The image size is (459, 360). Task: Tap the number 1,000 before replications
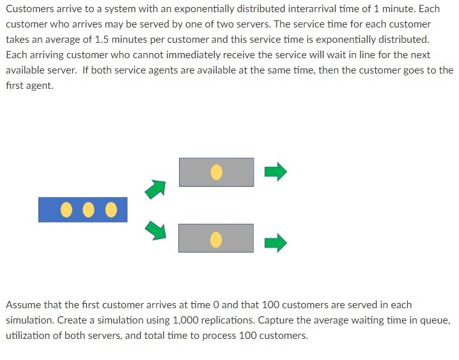coord(189,320)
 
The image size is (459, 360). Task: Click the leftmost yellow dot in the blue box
coord(66,210)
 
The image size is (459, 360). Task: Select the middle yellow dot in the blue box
coord(89,210)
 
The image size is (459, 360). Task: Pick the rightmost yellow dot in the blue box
coord(111,210)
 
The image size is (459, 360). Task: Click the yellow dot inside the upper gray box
coord(216,172)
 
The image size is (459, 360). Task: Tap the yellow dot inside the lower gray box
coord(216,239)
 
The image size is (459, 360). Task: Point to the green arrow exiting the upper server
coord(276,171)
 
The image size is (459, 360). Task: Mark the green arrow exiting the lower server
coord(276,242)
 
